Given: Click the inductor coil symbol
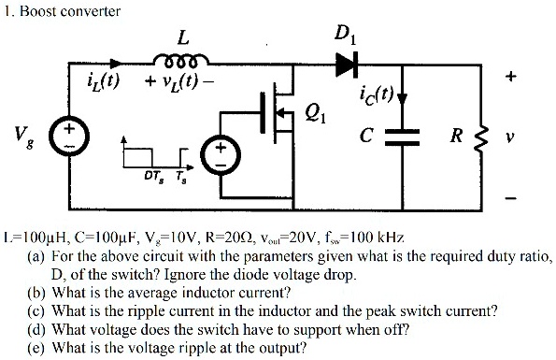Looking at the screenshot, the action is (181, 60).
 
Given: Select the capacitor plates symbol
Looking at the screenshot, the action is (402, 137).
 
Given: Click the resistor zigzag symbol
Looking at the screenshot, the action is (480, 137).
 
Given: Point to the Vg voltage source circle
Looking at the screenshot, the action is (69, 137).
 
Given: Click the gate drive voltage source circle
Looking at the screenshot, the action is (221, 155).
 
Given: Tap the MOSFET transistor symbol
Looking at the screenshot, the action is (278, 112).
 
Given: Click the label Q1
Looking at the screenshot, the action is (315, 115).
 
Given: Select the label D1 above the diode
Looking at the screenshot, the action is (345, 36).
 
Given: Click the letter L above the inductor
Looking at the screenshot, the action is (183, 37).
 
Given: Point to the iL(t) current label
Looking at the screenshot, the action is (103, 82).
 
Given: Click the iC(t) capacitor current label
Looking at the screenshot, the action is (377, 94).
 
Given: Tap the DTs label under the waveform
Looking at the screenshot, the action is (154, 176).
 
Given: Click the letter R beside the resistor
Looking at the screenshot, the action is (457, 136).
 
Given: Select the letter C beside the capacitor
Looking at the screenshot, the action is (366, 136).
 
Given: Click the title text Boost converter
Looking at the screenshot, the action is (70, 11).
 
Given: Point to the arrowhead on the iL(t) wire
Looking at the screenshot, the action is (116, 64).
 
